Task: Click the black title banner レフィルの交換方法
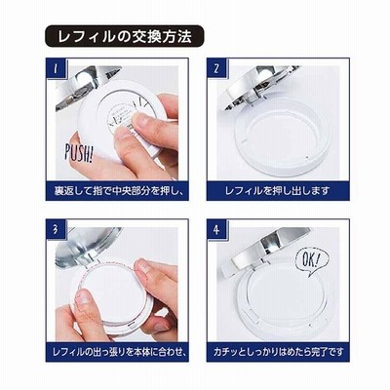pyautogui.click(x=124, y=36)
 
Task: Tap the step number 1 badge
pyautogui.click(x=56, y=69)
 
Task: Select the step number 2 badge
pyautogui.click(x=216, y=69)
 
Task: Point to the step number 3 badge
pyautogui.click(x=57, y=230)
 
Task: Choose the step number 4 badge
pyautogui.click(x=217, y=230)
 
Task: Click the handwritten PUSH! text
pyautogui.click(x=78, y=152)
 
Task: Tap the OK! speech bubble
pyautogui.click(x=312, y=260)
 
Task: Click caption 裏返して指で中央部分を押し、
pyautogui.click(x=117, y=191)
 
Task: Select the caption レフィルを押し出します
pyautogui.click(x=278, y=191)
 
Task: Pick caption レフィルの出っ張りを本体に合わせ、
pyautogui.click(x=117, y=352)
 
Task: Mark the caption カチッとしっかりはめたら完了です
pyautogui.click(x=279, y=352)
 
